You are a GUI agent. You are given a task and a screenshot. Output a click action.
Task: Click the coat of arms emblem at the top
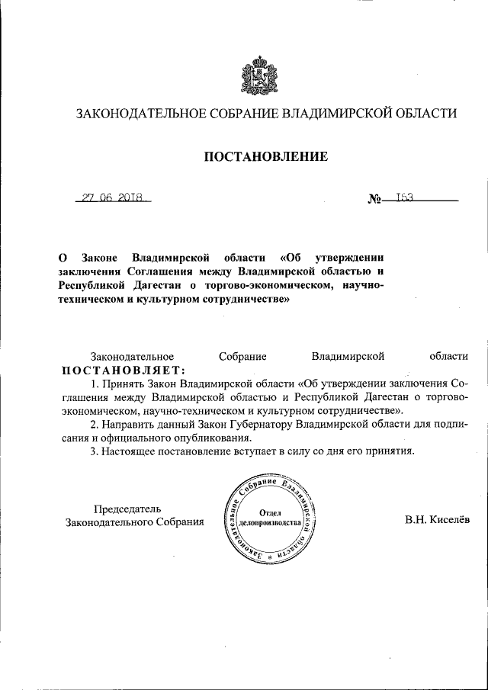coord(258,75)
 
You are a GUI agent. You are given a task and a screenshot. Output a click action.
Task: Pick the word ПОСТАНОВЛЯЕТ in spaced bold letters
coord(123,370)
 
